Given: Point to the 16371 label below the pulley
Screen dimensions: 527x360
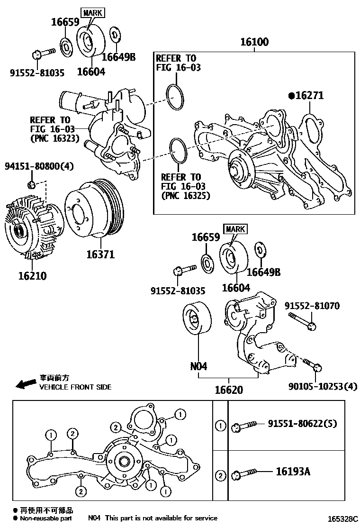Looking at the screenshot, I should point(100,254).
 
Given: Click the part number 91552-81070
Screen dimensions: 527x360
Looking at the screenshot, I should point(312,307).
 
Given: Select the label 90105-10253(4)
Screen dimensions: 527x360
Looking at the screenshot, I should point(322,386).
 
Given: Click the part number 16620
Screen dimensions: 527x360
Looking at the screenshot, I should point(228,390).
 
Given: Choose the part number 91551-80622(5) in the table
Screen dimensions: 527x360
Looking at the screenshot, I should point(302,424).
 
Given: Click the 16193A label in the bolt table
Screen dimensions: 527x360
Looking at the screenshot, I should point(293,472).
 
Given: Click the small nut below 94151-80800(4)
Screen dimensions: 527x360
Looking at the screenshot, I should point(31,184).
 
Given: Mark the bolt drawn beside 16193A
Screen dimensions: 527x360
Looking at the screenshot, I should point(244,474).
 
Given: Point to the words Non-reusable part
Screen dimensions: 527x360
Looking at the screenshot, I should point(46,518).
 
